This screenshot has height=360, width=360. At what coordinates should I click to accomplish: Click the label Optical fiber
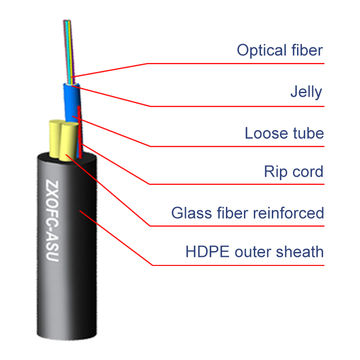pos(280,49)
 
